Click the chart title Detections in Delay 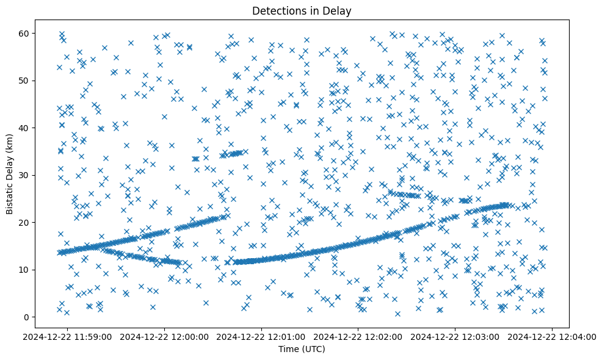(x=302, y=10)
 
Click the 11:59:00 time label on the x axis (x=68, y=336)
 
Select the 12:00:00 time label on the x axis (x=165, y=336)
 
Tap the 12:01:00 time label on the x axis (x=262, y=336)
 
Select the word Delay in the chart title (x=339, y=10)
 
